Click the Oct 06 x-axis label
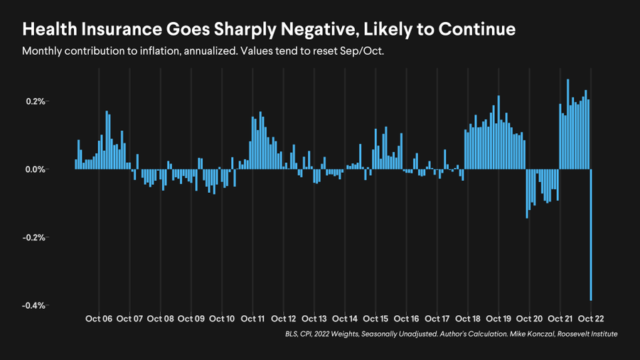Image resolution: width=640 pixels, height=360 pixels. tap(99, 319)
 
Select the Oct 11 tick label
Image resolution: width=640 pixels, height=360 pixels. tap(253, 319)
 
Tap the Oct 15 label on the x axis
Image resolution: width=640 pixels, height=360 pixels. tap(375, 319)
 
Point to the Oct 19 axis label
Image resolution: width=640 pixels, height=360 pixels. tap(498, 319)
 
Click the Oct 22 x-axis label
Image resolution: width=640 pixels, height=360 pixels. tap(590, 319)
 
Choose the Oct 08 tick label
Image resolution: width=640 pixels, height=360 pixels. tap(160, 319)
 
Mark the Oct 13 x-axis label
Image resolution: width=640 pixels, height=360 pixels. tap(314, 319)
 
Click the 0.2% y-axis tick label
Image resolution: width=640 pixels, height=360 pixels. tap(35, 102)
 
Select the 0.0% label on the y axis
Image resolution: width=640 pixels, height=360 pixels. tap(35, 169)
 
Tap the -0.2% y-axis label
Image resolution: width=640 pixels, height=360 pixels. tap(34, 238)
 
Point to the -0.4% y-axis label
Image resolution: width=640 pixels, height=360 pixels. tap(34, 306)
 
